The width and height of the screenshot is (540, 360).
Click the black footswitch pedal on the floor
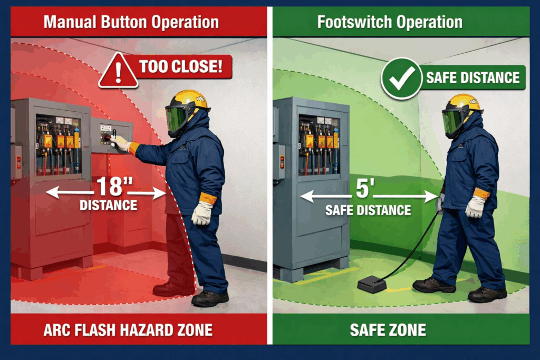click(371, 284)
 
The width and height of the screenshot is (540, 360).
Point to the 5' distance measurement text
click(364, 189)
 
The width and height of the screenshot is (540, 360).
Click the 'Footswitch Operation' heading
click(390, 22)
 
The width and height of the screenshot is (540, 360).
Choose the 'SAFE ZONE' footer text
click(388, 330)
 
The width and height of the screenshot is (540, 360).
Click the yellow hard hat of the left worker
click(189, 99)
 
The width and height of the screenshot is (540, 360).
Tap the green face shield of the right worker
click(451, 121)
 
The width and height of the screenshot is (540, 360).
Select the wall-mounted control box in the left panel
click(111, 136)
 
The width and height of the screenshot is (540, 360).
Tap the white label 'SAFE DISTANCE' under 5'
click(368, 210)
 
